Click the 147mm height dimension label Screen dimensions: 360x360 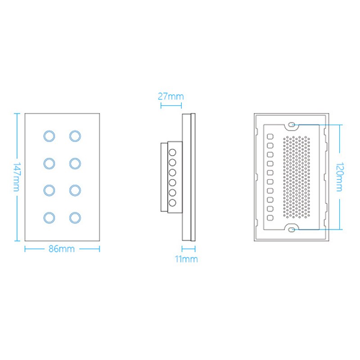click(17, 177)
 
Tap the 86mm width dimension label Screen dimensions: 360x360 click(62, 249)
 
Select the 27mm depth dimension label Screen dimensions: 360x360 click(171, 96)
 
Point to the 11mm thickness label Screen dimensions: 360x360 click(186, 259)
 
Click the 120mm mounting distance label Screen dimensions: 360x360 click(340, 177)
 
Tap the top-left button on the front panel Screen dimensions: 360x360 click(49, 136)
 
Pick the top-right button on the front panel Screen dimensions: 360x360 click(75, 136)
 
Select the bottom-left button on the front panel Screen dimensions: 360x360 click(49, 218)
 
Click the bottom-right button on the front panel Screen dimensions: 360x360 click(75, 218)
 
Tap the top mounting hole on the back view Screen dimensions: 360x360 click(292, 125)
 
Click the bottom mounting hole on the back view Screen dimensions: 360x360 click(292, 229)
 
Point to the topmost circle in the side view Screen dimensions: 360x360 click(172, 153)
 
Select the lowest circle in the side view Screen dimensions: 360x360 click(172, 203)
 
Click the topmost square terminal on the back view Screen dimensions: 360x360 click(270, 137)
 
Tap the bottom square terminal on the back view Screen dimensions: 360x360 click(270, 218)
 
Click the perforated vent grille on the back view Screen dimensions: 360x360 click(297, 177)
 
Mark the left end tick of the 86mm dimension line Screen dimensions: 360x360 click(25, 249)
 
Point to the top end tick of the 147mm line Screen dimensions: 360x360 click(17, 113)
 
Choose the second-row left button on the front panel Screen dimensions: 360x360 click(49, 163)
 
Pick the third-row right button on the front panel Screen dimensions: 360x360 click(75, 190)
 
